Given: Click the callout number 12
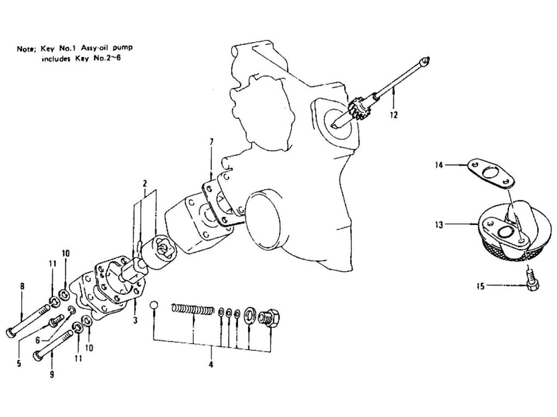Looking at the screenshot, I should coord(393,115).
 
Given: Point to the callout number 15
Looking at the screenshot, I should coord(480,286).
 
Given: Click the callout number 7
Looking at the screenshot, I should coord(211,142).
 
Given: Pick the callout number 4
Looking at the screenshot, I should coord(211,364).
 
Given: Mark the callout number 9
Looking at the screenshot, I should coord(52,375).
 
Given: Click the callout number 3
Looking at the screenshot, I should coord(135,320).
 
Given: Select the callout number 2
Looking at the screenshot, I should coord(145,184).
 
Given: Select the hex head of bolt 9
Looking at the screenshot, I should coord(38,356).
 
